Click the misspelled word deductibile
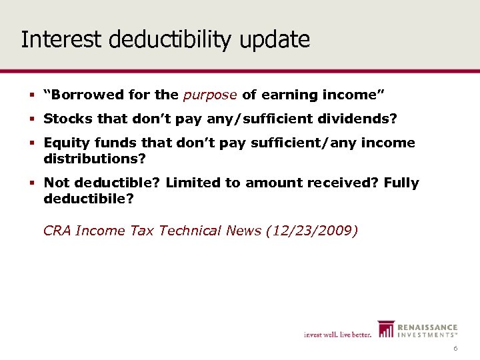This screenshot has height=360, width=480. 88,198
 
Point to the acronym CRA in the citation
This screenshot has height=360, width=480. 57,231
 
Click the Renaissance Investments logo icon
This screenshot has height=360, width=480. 386,330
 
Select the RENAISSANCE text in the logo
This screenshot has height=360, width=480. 428,327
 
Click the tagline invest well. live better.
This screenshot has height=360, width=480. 338,334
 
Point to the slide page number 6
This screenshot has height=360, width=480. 455,349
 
